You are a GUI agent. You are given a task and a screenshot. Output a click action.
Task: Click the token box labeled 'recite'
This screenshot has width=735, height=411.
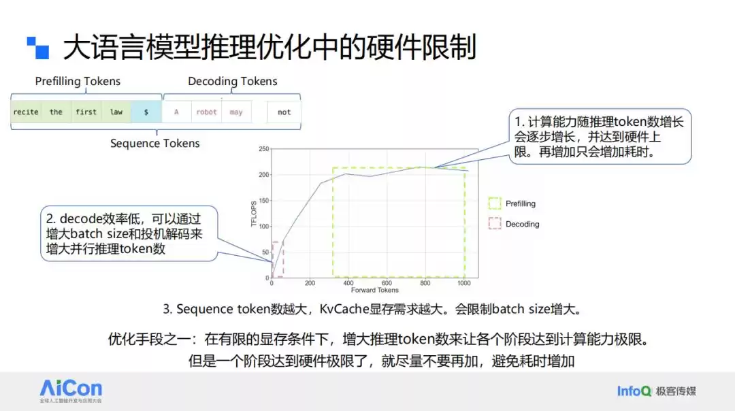[x=26, y=112]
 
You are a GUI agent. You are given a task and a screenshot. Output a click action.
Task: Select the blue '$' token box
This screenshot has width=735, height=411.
[x=146, y=112]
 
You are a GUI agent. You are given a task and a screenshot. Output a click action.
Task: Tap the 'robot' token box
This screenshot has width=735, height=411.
[x=206, y=112]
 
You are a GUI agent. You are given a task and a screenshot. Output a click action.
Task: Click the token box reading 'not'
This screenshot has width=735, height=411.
[x=284, y=112]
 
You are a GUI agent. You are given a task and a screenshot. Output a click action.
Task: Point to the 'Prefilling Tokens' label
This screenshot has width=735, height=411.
[x=78, y=82]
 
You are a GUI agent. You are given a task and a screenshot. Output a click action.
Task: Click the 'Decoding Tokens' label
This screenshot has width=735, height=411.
[x=233, y=82]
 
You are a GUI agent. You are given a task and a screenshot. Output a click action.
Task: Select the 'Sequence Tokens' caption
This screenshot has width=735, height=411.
[x=155, y=144]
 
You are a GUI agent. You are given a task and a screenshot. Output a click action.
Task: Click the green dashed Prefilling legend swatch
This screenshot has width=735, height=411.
[x=494, y=203]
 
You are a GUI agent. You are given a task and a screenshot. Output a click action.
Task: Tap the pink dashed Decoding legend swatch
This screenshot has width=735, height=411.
[x=494, y=224]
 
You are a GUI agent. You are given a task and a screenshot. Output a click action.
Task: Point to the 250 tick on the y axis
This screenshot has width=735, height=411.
[x=264, y=148]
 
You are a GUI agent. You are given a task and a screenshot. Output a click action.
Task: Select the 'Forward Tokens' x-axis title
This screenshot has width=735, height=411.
[x=375, y=291]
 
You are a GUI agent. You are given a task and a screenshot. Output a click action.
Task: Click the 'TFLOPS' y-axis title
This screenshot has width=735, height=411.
[x=254, y=213]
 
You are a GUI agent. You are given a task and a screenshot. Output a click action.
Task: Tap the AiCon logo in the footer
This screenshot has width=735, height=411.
[x=71, y=389]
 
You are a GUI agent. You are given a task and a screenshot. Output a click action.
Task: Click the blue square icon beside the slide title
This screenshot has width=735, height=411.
[x=38, y=48]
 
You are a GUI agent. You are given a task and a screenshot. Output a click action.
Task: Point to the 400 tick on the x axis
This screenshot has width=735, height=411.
[x=348, y=283]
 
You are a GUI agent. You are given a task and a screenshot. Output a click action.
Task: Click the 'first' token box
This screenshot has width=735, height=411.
[x=86, y=112]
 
